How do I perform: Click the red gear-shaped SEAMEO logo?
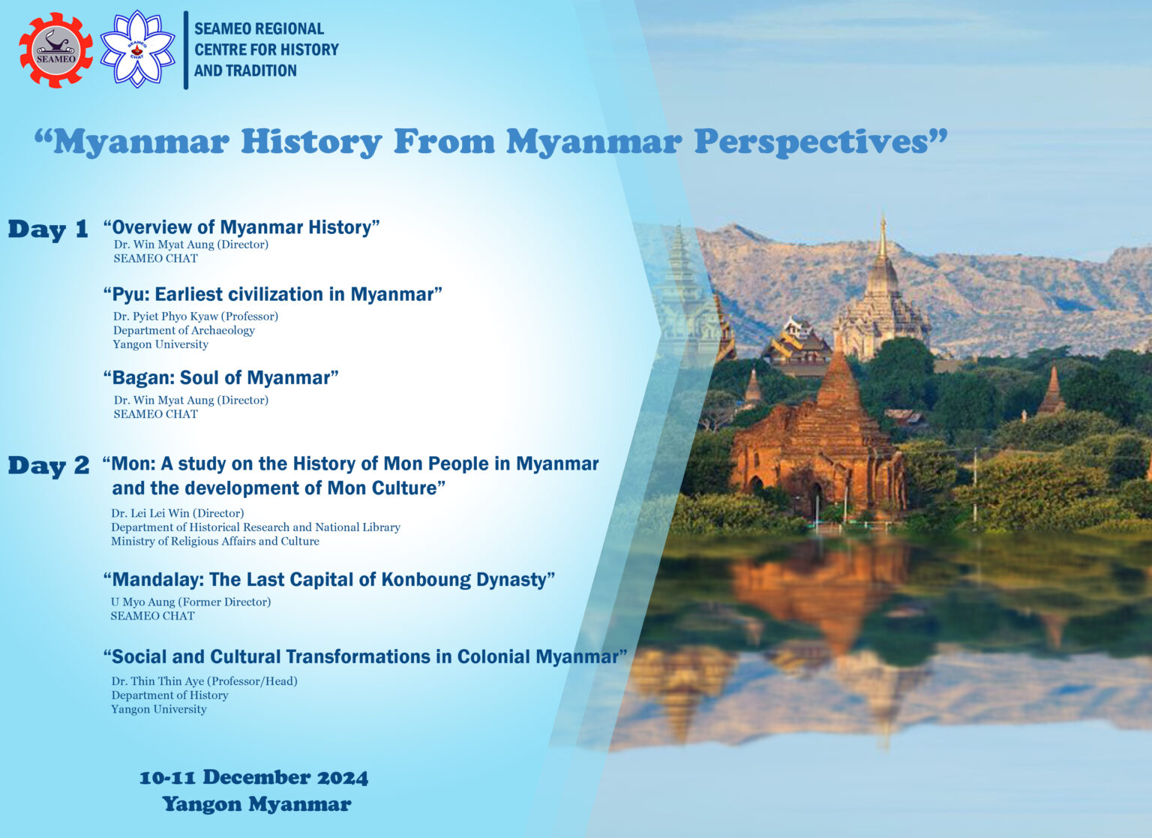point(56,50)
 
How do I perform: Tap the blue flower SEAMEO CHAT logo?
point(137,50)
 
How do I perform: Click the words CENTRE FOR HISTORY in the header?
point(266,50)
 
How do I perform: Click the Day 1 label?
point(48,230)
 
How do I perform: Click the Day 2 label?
point(49,466)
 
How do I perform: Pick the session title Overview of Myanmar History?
point(241,227)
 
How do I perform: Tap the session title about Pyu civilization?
point(272,294)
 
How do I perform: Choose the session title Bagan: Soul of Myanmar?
point(220,377)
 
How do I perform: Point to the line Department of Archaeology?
point(184,330)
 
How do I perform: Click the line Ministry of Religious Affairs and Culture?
point(215,541)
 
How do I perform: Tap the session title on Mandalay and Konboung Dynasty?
point(328,579)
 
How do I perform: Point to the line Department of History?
point(169,695)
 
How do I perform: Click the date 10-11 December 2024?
point(253,777)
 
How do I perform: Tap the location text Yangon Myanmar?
point(256,804)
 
